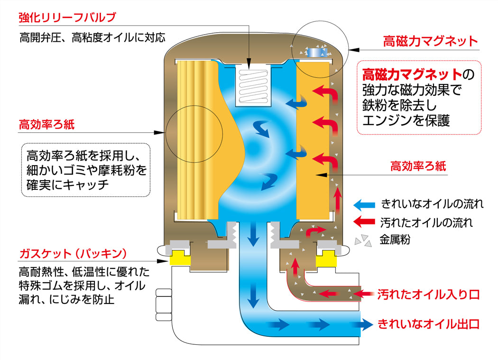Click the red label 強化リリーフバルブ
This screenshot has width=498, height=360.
coord(67,18)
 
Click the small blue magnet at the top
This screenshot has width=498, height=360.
coord(314,52)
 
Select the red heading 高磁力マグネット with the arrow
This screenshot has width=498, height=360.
coord(430,41)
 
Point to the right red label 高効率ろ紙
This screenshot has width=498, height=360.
coord(418,166)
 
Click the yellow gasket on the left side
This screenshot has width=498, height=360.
coord(178,258)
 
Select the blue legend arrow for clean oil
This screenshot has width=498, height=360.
coord(365,205)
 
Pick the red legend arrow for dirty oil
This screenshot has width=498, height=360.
coord(365,222)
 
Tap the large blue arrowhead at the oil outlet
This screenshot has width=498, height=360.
coord(365,324)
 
